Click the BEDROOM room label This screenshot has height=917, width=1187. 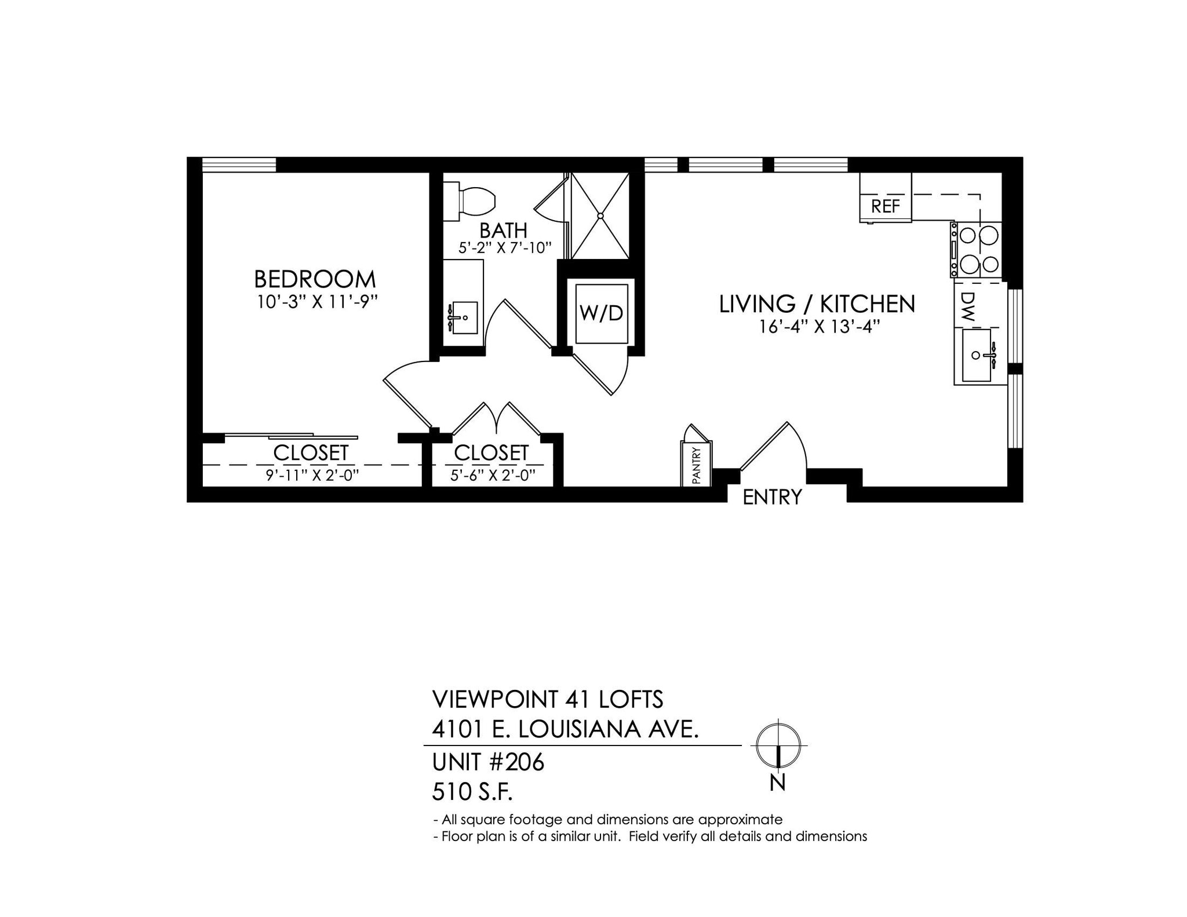[315, 279]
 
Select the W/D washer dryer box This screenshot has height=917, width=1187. [602, 313]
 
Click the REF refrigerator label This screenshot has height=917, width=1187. [885, 206]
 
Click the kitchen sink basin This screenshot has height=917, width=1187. [977, 355]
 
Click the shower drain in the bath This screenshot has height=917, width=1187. [600, 215]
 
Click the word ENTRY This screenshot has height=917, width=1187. [772, 497]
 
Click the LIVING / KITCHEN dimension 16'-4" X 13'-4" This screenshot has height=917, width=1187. [820, 327]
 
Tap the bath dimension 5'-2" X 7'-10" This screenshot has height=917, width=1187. [504, 248]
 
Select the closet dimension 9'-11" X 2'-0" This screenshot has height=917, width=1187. [312, 476]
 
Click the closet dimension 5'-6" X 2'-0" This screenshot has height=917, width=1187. [493, 476]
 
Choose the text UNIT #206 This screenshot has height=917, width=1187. [488, 762]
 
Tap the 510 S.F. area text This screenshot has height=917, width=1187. [472, 792]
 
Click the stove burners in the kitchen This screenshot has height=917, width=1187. [979, 250]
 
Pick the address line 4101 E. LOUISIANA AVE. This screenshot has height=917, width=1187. [565, 729]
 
